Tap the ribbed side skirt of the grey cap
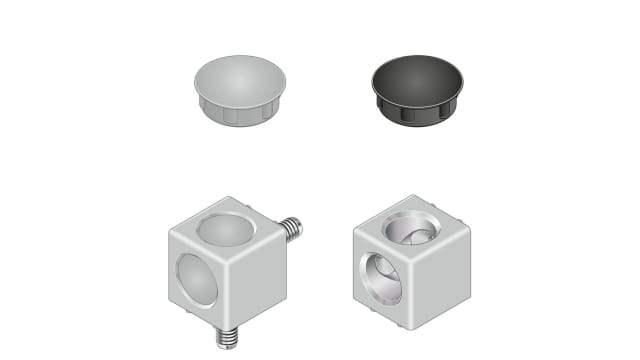[x=237, y=114]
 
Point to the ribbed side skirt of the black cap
[x=418, y=114]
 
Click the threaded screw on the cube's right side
[x=291, y=229]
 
